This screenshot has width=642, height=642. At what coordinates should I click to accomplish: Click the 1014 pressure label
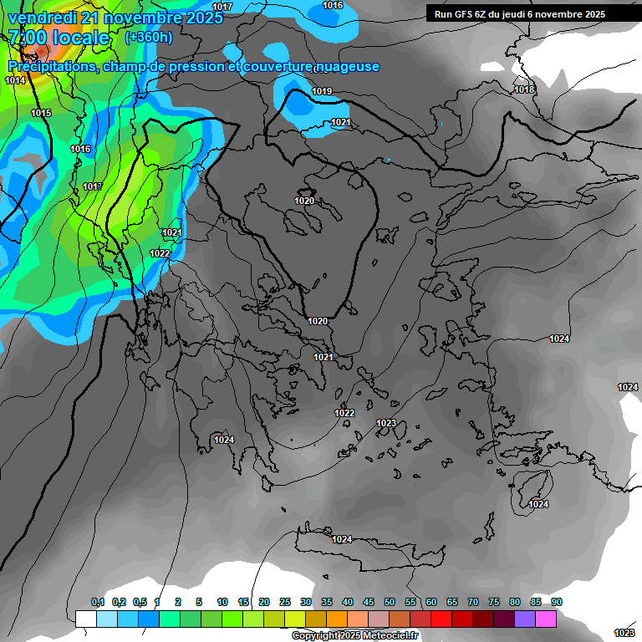(15, 80)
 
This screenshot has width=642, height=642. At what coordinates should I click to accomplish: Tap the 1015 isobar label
(41, 113)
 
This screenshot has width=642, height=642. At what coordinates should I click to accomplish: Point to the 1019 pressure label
(322, 91)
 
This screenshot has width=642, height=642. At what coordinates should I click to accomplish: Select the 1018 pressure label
(524, 89)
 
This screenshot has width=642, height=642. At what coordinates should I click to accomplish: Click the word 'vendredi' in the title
(42, 18)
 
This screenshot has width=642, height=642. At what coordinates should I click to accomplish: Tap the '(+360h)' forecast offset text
(149, 38)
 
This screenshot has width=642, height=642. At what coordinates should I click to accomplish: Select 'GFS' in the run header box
(463, 14)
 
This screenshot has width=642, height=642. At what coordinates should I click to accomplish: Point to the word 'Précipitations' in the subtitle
(53, 67)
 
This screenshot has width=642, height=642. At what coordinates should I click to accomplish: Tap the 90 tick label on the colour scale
(557, 602)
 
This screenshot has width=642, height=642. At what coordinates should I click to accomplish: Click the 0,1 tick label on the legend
(98, 602)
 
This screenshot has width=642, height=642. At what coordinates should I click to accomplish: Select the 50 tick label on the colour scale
(390, 602)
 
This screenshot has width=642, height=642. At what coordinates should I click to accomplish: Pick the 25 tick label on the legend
(285, 602)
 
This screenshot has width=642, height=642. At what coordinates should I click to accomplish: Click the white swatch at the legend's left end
(85, 619)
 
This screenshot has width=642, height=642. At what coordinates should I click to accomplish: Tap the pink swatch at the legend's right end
(546, 619)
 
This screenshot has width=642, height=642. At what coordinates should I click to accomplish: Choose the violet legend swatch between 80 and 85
(525, 619)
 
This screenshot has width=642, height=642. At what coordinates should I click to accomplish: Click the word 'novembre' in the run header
(558, 14)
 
